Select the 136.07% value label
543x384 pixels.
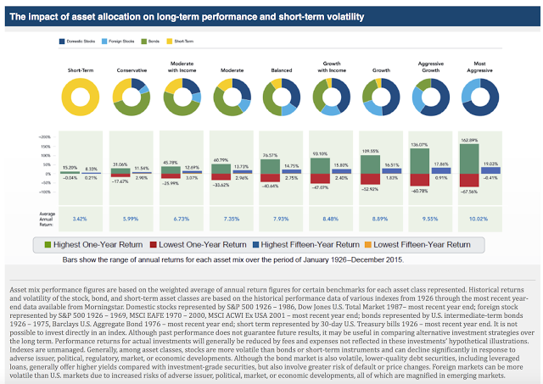point(419,144)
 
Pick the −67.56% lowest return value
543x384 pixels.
point(468,192)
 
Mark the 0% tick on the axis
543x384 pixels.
point(47,176)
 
